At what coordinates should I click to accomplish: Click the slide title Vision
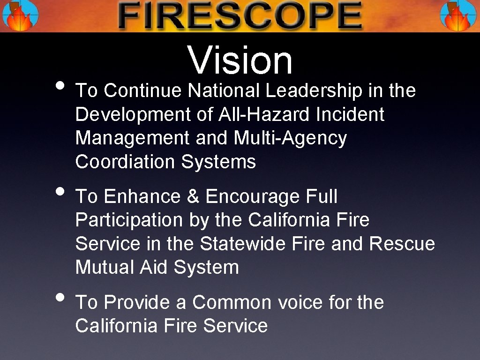point(240,60)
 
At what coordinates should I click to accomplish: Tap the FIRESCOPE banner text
point(240,16)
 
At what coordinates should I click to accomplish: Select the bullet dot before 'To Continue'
point(60,86)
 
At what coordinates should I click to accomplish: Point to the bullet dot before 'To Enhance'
point(60,192)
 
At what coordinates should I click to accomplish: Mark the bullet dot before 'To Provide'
point(60,297)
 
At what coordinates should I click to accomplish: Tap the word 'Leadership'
point(314,91)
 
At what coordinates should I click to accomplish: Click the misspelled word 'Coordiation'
point(125,162)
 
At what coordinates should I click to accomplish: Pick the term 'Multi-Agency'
point(290,138)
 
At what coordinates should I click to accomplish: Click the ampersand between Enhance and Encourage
point(193,197)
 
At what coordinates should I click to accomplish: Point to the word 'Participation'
point(129,220)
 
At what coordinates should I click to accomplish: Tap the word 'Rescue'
point(402,244)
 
